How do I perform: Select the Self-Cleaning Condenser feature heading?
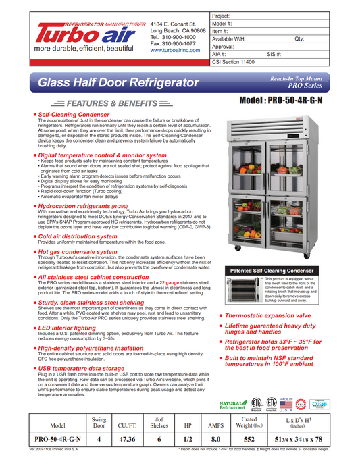[74, 115]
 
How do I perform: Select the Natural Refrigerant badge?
[232, 405]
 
